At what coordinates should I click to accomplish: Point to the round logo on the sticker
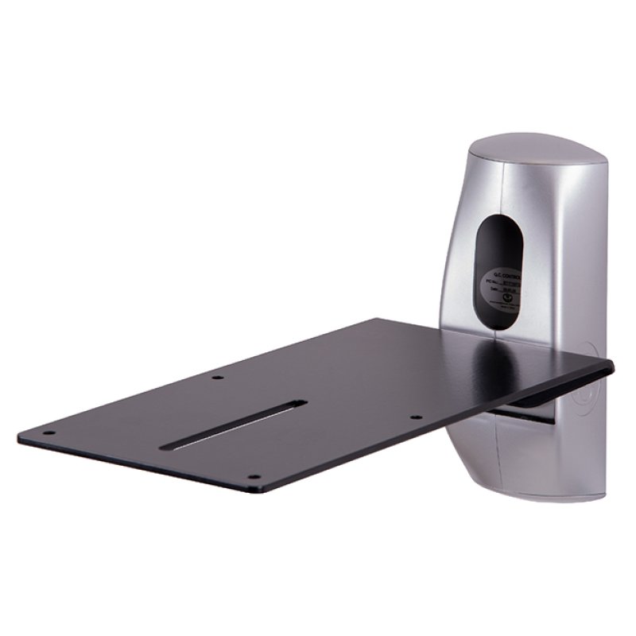pos(491,301)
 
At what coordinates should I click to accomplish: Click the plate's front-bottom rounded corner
pos(253,487)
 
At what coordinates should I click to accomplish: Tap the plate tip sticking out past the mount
pos(600,368)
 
